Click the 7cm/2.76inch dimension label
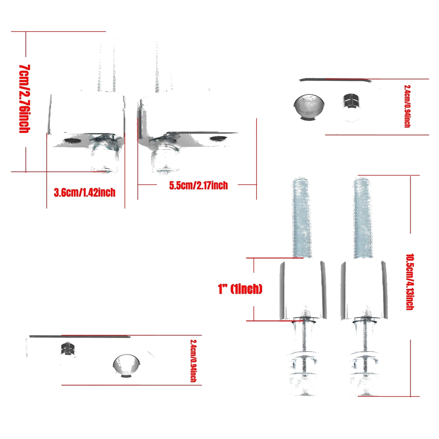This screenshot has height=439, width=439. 24,99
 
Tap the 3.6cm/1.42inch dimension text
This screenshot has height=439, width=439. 85,193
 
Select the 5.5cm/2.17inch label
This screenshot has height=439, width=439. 198,185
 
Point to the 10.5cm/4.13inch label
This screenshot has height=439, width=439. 410,282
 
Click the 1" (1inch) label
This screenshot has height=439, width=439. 240,289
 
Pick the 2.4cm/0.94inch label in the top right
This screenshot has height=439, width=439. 407,106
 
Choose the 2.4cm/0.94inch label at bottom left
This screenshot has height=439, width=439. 193,361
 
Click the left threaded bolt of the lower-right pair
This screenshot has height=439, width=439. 301,218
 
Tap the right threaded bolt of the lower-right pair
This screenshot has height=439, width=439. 363,218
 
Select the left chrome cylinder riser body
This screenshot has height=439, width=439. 303,290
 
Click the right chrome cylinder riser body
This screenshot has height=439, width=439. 364,290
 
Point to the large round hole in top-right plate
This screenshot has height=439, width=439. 309,106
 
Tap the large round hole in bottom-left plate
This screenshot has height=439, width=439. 127,365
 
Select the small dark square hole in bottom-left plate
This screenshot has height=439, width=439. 68,348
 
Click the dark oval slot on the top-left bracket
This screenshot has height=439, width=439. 73,140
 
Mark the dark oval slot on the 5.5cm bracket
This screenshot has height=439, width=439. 218,138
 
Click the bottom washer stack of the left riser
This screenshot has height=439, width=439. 303,369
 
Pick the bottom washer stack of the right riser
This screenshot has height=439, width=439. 364,370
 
